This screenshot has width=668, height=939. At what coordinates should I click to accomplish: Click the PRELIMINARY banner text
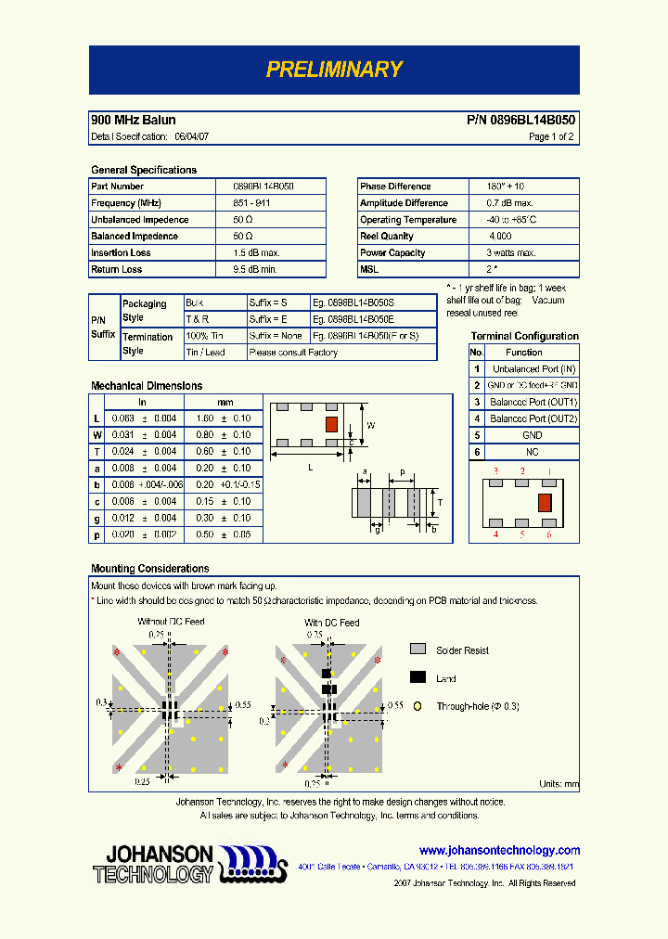click(334, 70)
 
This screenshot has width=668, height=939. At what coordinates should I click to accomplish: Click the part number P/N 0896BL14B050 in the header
click(520, 121)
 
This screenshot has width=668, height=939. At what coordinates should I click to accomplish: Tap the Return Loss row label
click(117, 270)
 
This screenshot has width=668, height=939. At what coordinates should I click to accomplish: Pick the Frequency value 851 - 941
click(251, 203)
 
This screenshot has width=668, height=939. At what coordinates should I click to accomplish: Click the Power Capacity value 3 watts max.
click(510, 253)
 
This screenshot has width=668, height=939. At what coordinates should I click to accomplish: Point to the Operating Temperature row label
click(408, 220)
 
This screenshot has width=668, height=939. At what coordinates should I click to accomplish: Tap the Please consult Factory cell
click(294, 353)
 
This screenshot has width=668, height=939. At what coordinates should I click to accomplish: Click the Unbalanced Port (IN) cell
click(534, 369)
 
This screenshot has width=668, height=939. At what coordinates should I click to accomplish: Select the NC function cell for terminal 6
click(532, 452)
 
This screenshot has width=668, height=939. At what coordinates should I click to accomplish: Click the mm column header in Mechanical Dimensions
click(225, 402)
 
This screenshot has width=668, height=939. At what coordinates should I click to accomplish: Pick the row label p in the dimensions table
click(96, 534)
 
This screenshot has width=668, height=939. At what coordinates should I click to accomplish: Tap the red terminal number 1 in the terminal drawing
click(548, 472)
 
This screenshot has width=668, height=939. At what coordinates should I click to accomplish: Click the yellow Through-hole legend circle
click(417, 706)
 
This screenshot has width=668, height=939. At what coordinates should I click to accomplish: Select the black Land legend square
click(417, 678)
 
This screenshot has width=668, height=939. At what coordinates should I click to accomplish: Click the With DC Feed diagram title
click(331, 623)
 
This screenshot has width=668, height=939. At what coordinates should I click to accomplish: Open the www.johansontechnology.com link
click(499, 850)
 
